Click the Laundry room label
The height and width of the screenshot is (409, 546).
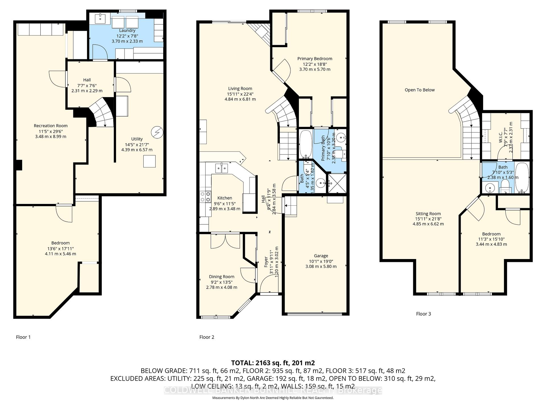point(127,30)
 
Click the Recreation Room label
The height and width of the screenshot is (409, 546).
point(51,126)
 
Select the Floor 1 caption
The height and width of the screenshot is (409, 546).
point(23,337)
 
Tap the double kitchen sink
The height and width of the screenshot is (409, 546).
point(221,168)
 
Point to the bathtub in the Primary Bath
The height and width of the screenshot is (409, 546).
point(306,144)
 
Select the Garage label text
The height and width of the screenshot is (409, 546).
point(321,256)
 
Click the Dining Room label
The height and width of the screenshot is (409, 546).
point(222,277)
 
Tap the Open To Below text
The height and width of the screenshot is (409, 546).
point(419,90)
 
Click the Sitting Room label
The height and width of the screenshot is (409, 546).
point(428,214)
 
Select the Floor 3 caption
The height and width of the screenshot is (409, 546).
point(423,314)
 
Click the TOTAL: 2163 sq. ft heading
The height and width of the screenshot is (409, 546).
point(273,363)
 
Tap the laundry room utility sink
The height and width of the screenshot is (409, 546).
point(100,18)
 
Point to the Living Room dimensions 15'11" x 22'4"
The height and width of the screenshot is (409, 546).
point(240,94)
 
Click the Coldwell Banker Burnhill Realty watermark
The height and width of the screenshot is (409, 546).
point(273,391)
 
